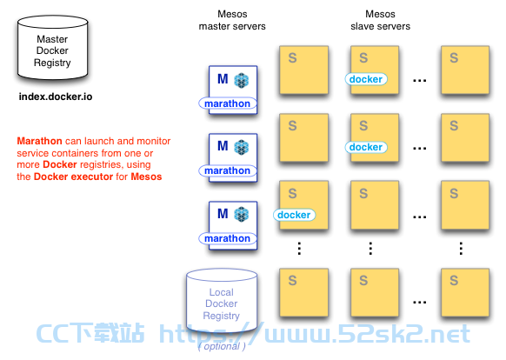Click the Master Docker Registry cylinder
[x=53, y=48]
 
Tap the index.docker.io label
[x=56, y=97]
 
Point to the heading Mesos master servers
[x=232, y=20]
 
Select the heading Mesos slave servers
[x=381, y=20]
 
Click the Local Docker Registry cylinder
[x=222, y=301]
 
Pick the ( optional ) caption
[x=222, y=346]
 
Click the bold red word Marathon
[x=39, y=141]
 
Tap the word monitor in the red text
[x=153, y=141]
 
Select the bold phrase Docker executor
[x=74, y=177]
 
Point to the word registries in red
[x=102, y=165]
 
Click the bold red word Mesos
[x=146, y=177]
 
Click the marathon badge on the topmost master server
[x=228, y=103]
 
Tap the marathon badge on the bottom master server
[x=228, y=238]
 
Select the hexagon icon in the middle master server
[x=242, y=147]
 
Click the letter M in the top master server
[x=223, y=79]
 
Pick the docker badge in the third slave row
[x=294, y=215]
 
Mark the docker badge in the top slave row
[x=366, y=79]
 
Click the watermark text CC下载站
[x=90, y=333]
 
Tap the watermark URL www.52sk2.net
[x=367, y=333]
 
